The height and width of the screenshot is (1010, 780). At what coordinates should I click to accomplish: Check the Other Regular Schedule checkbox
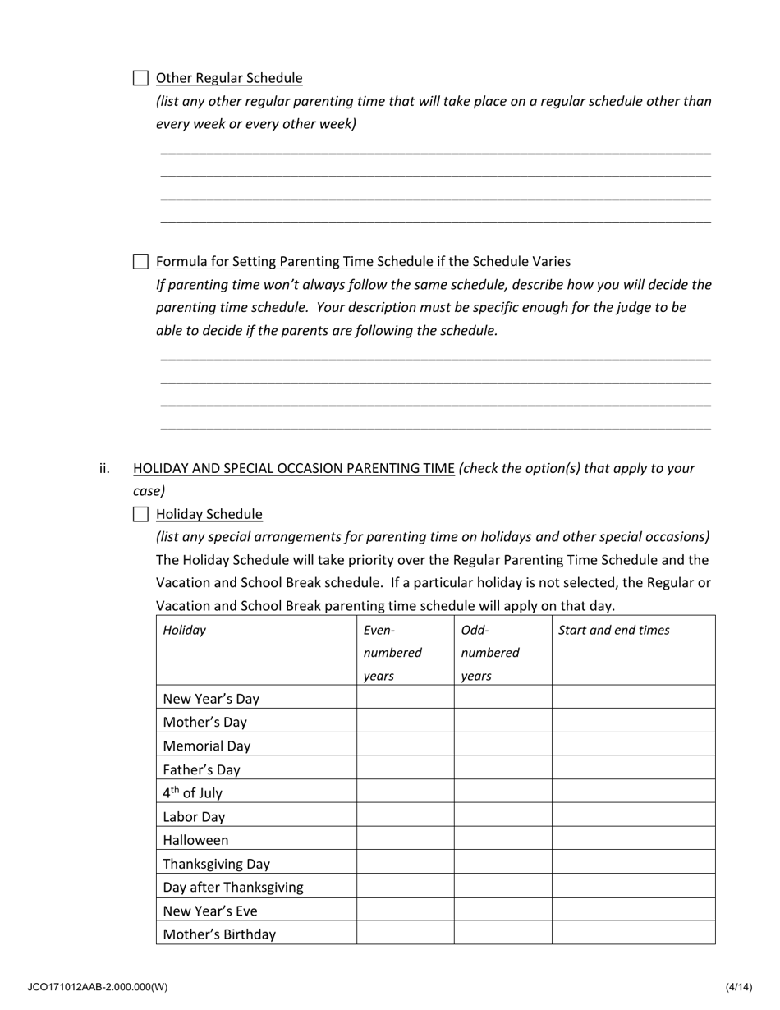140,79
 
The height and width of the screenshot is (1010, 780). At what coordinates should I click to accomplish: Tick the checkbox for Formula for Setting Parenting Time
140,262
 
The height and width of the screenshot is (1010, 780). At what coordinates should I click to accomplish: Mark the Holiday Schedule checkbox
140,515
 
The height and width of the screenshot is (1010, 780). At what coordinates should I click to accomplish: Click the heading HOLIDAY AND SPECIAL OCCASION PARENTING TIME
293,468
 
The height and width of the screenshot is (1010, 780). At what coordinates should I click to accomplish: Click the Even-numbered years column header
392,653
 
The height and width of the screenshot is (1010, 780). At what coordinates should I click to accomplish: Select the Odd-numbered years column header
490,653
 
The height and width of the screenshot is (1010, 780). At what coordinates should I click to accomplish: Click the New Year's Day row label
211,699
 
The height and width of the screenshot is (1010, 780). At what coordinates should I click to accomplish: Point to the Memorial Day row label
207,746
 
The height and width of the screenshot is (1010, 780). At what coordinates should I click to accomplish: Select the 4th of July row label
192,793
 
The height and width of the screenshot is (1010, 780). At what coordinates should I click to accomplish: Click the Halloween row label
195,840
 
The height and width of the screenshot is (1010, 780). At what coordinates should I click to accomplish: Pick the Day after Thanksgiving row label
233,887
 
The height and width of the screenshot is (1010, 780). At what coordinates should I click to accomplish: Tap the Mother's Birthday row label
219,934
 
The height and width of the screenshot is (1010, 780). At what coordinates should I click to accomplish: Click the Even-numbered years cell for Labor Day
405,816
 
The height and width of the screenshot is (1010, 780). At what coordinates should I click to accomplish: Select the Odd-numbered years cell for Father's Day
502,769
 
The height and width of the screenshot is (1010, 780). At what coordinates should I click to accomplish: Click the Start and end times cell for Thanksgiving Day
633,863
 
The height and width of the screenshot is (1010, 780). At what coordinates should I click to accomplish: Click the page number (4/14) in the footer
738,986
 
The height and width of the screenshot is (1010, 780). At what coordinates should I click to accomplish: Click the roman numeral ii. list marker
104,468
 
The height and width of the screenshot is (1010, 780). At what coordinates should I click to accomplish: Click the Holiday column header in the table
185,631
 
